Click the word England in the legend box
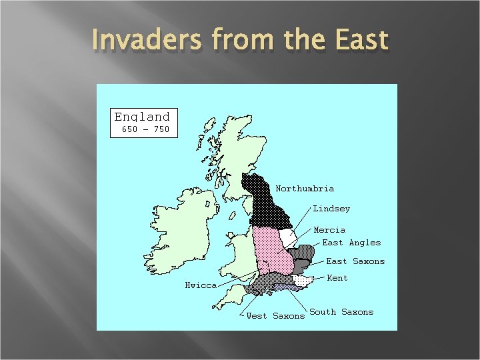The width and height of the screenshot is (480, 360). tap(142, 116)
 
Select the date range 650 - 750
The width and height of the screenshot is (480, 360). tap(145, 129)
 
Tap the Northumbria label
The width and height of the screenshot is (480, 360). tap(305, 189)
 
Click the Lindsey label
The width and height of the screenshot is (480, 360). tap(331, 209)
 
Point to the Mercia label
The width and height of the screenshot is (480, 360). tap(329, 230)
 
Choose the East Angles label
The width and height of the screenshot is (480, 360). tap(351, 243)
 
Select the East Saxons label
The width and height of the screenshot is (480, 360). tap(355, 261)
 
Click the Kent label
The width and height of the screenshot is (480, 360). tap(337, 278)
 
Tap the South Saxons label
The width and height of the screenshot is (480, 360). tap(341, 312)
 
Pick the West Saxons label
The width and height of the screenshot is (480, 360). tap(275, 316)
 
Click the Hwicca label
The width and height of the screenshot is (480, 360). tap(201, 285)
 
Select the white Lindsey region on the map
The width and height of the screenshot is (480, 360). tap(287, 237)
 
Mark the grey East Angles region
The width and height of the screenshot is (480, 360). tap(304, 253)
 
